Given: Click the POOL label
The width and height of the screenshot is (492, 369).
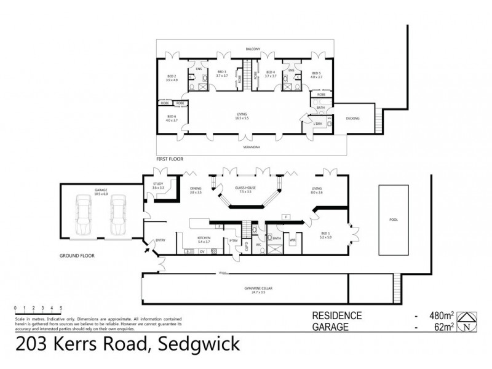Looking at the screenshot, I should [394, 218].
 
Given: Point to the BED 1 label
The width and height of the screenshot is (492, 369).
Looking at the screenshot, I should [326, 234].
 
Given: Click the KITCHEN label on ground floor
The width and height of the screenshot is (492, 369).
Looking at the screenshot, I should [204, 239].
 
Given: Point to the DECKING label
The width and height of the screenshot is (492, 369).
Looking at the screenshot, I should [352, 118].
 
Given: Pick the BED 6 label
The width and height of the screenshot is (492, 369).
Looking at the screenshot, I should [171, 118].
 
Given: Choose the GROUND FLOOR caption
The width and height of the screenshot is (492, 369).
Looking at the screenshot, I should [76, 254].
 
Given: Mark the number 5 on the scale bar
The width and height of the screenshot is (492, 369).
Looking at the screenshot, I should [61, 307].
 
